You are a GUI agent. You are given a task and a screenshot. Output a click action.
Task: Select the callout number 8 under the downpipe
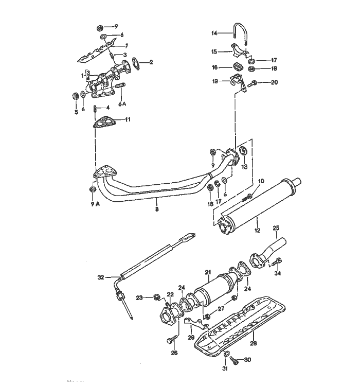tap(158, 209)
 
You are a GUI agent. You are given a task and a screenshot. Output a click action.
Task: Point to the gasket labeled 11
tap(105, 123)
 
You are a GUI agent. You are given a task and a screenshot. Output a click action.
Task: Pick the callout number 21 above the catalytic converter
tap(208, 271)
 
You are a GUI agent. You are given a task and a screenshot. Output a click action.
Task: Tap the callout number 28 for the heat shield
tap(254, 342)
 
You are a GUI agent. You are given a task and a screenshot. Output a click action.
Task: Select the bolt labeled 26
tap(170, 340)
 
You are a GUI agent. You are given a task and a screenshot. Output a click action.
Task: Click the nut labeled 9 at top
tap(101, 26)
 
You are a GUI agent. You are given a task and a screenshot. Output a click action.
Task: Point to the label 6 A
tap(122, 103)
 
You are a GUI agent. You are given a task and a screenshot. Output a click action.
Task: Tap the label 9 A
tap(93, 203)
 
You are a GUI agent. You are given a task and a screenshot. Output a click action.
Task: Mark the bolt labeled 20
tap(253, 82)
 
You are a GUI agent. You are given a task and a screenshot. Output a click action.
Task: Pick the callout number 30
tap(247, 359)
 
